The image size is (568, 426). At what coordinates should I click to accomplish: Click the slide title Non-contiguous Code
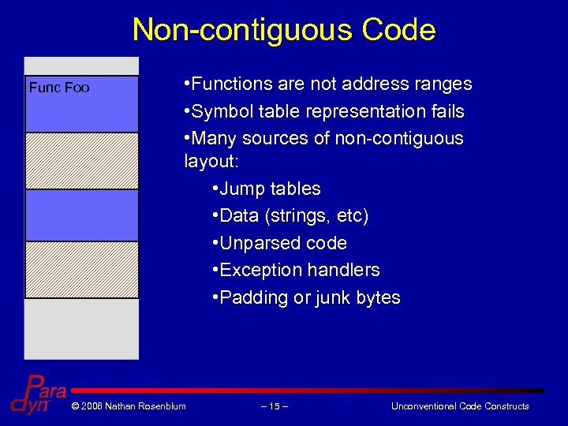click(x=284, y=30)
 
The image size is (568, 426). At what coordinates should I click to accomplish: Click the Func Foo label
click(x=59, y=88)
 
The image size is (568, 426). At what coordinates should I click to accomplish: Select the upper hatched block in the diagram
click(x=82, y=161)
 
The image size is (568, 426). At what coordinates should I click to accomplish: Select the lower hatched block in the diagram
click(x=82, y=270)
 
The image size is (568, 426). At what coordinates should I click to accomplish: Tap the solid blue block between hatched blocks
click(x=82, y=215)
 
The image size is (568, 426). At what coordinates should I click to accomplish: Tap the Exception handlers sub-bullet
click(x=299, y=270)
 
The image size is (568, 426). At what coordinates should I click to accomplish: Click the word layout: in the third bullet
click(x=209, y=162)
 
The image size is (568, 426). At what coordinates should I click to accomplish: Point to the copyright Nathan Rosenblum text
click(x=128, y=406)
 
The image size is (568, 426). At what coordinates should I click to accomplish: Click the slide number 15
click(x=274, y=406)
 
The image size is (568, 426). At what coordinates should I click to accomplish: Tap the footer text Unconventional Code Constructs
click(x=460, y=406)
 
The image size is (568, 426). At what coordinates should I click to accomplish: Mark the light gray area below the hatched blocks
click(x=82, y=328)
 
